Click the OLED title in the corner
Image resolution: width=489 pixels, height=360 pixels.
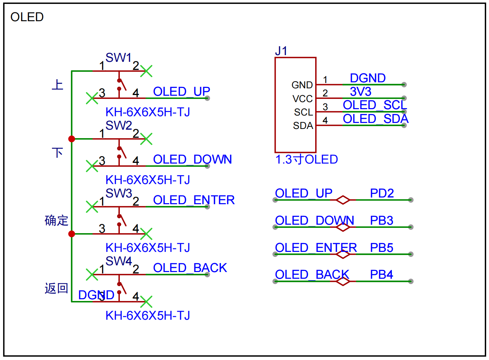tap(27, 17)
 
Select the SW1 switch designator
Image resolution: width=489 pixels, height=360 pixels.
tap(118, 58)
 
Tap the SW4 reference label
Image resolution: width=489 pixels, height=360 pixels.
tap(119, 261)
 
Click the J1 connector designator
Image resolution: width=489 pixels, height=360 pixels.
tap(281, 51)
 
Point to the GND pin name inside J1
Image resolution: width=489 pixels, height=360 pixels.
tap(302, 85)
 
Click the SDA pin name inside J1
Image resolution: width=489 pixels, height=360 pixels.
tap(303, 126)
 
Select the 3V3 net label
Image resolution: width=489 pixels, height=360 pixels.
tap(361, 92)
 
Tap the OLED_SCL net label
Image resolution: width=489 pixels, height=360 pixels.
tap(375, 105)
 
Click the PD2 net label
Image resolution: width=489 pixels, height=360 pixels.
tap(382, 193)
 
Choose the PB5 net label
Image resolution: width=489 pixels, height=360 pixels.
tap(382, 248)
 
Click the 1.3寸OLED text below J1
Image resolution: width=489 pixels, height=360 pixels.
tap(306, 159)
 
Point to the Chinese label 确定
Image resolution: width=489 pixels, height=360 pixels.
tap(56, 220)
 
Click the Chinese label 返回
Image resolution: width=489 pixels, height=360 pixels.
tap(56, 288)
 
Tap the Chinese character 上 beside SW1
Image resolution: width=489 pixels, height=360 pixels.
tap(57, 85)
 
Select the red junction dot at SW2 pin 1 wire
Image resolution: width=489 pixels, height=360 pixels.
tap(72, 139)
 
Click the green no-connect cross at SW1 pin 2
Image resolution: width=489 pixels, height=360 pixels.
tap(146, 71)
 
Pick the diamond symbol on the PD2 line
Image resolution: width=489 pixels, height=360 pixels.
tap(343, 200)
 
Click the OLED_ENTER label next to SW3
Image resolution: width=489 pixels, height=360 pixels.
tap(194, 200)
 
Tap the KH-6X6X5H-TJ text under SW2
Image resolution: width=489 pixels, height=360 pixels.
tap(148, 180)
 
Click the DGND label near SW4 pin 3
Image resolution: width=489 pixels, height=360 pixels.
tap(96, 295)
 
